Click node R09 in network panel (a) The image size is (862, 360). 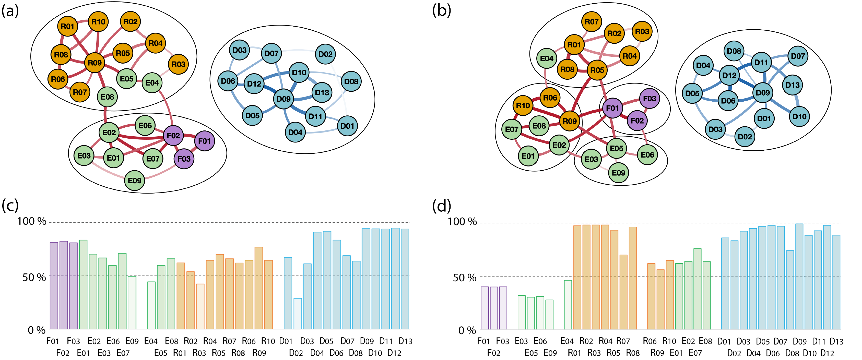95,63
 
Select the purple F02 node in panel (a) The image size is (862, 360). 173,136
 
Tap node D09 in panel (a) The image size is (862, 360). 284,99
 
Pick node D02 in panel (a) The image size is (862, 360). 325,54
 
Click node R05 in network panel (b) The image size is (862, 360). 597,70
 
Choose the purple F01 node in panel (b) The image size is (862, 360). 612,108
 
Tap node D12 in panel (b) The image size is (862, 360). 729,75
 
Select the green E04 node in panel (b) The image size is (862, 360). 547,58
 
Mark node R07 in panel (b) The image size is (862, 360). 591,22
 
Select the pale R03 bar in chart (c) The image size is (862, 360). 200,306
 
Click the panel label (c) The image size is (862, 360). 10,206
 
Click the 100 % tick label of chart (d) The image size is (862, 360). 462,221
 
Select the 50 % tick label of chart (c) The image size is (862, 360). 34,277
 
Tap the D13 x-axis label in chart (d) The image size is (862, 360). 836,341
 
